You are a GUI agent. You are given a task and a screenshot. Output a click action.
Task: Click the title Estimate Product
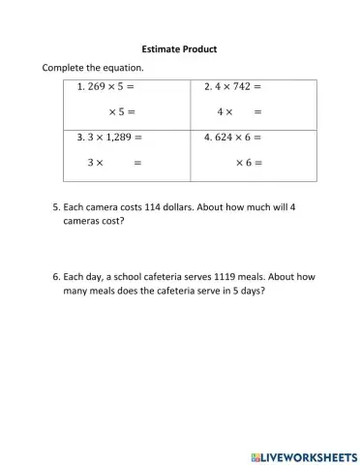[179, 48]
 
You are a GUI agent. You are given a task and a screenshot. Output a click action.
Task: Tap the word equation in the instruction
[123, 68]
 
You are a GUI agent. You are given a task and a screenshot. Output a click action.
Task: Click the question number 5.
[54, 206]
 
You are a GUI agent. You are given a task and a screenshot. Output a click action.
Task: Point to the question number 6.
[54, 276]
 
